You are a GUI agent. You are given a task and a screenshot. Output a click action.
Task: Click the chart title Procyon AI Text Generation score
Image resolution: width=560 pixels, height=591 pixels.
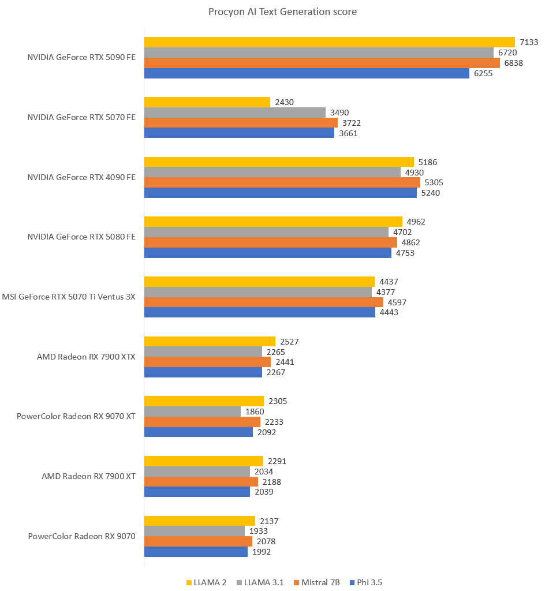pos(283,12)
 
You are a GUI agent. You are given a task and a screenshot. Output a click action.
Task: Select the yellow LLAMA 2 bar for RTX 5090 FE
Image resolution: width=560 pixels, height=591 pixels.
pos(329,42)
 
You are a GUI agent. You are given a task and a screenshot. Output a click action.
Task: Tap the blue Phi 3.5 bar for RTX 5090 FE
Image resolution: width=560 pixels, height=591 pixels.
pos(307,73)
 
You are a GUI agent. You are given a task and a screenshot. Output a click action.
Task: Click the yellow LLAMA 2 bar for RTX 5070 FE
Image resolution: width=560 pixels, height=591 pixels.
pos(207,102)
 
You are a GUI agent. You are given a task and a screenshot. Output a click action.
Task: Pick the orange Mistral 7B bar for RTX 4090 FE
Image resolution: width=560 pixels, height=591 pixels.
pos(282,182)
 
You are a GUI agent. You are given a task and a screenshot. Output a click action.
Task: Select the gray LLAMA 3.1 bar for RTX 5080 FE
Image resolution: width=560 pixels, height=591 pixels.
pos(266,232)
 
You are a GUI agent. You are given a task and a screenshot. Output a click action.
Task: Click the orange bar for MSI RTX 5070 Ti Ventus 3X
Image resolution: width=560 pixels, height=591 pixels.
pos(263,302)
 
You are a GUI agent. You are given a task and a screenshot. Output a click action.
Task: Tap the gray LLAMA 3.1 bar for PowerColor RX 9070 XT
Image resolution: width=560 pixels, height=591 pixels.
pos(192,412)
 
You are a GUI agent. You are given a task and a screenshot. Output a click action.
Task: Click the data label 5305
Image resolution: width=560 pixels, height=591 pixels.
pos(434,182)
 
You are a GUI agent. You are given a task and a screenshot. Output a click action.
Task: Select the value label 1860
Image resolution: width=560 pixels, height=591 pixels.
pos(255,412)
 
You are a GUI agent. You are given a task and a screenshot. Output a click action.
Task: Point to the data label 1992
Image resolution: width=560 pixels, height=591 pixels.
pos(262,552)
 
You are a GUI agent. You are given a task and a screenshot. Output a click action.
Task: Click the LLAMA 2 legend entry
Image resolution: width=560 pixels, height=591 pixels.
pos(207,582)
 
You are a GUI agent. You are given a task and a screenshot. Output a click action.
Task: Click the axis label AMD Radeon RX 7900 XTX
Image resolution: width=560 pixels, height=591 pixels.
pos(86,357)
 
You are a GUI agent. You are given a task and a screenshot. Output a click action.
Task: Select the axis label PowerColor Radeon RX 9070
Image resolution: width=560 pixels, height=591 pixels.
pos(81,536)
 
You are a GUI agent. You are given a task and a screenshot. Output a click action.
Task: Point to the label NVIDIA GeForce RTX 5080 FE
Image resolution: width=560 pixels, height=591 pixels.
pos(81,237)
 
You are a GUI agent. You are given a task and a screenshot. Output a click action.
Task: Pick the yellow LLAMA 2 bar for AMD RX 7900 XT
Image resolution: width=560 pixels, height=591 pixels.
pos(203,461)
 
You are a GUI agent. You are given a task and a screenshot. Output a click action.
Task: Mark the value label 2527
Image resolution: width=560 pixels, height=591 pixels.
pos(289,342)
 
